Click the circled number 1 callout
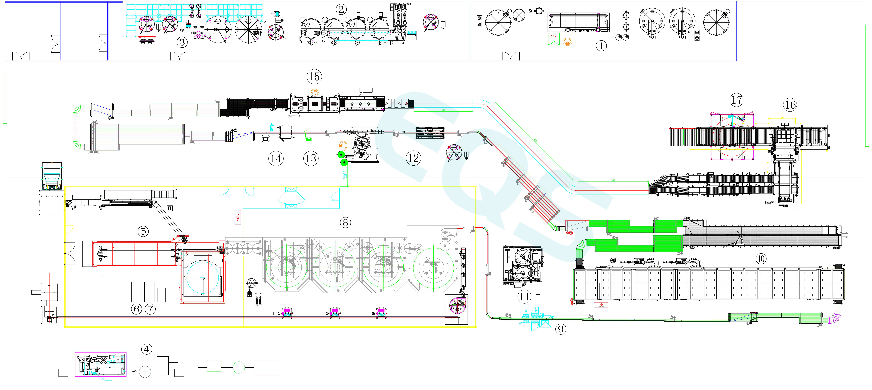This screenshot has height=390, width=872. (601, 46)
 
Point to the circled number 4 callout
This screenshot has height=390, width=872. (147, 349)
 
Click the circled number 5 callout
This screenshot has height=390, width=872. (143, 231)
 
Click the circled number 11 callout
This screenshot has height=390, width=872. (524, 297)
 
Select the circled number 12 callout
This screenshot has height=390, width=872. (413, 158)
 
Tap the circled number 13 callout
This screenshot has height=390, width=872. (311, 158)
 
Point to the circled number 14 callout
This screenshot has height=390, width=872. (276, 158)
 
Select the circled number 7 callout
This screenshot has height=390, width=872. (150, 309)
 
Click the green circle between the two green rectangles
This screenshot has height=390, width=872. (239, 367)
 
